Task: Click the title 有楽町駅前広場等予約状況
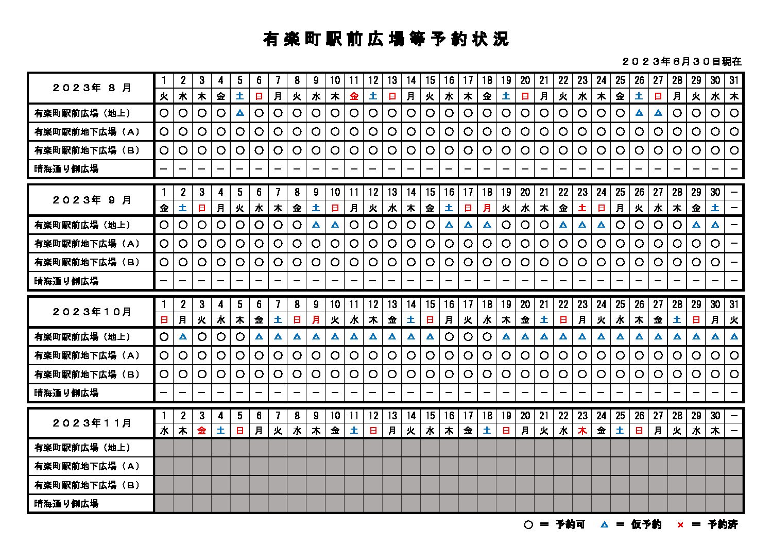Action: click(x=385, y=39)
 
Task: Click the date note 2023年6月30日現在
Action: click(x=682, y=61)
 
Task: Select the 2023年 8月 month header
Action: click(x=92, y=88)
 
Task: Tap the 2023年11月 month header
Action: click(x=92, y=423)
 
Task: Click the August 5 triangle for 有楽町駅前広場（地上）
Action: click(x=239, y=113)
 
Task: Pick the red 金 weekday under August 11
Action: click(x=354, y=96)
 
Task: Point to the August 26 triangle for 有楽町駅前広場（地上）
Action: click(x=639, y=113)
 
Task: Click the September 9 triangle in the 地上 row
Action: click(x=316, y=225)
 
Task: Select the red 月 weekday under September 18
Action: click(x=487, y=208)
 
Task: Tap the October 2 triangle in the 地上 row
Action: click(x=183, y=337)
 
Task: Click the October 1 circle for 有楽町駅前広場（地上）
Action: click(x=164, y=337)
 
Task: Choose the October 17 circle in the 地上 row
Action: click(x=468, y=337)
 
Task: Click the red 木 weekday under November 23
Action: click(x=582, y=431)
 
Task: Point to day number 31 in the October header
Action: click(x=734, y=304)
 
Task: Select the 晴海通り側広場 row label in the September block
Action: click(x=66, y=281)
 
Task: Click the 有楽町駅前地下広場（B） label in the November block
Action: click(x=87, y=485)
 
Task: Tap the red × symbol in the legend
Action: click(x=680, y=525)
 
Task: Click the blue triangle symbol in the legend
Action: click(x=604, y=525)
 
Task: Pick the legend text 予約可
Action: click(x=570, y=525)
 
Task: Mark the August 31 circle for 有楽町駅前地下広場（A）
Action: click(x=734, y=132)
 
